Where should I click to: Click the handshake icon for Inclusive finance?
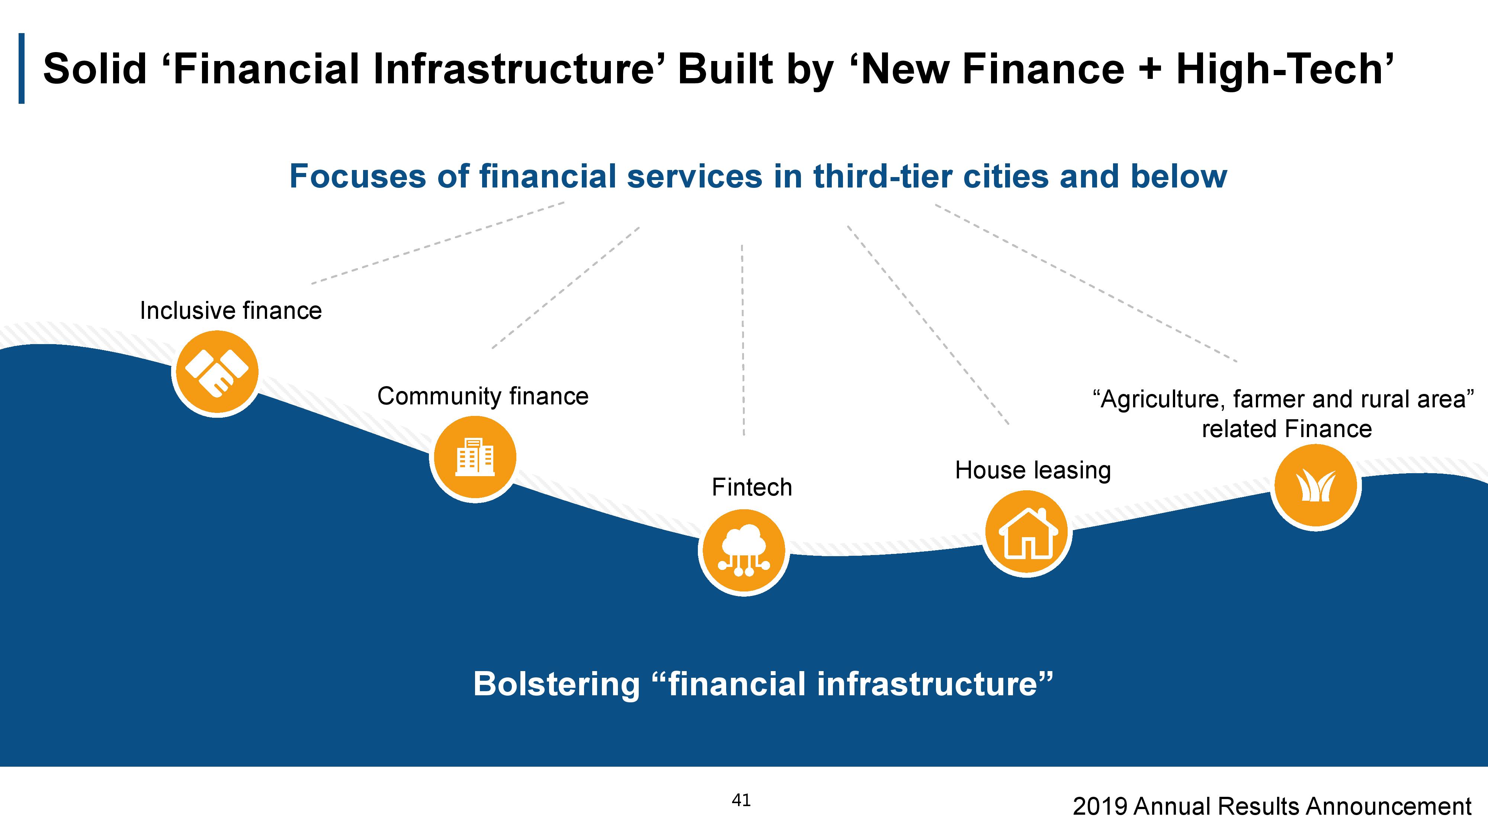pyautogui.click(x=217, y=373)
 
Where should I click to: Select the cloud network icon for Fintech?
pyautogui.click(x=743, y=551)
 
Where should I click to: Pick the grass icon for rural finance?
pyautogui.click(x=1316, y=486)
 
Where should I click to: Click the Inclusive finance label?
pyautogui.click(x=231, y=311)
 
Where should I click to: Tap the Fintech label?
pyautogui.click(x=751, y=487)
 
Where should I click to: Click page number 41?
pyautogui.click(x=741, y=800)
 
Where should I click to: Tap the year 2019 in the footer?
pyautogui.click(x=1100, y=806)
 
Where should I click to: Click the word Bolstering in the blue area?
pyautogui.click(x=556, y=684)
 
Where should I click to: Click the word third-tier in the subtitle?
pyautogui.click(x=883, y=176)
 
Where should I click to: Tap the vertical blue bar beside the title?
pyautogui.click(x=22, y=68)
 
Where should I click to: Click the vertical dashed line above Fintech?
pyautogui.click(x=743, y=340)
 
